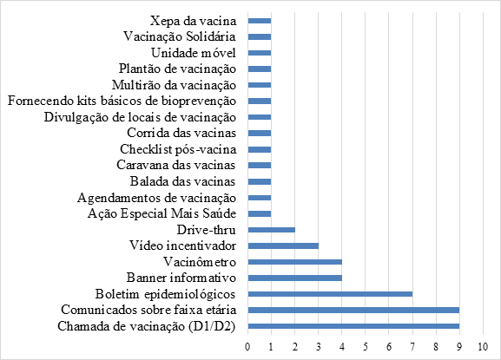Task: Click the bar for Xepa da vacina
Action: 260,21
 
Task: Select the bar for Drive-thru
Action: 271,230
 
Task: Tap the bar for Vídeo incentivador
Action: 283,245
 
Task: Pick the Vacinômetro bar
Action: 295,262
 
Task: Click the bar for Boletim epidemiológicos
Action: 330,294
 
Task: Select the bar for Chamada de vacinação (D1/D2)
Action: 353,326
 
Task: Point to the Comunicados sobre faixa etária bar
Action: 353,311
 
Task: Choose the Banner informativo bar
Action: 295,278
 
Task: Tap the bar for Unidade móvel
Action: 260,53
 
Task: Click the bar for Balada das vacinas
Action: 260,181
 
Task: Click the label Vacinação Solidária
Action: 180,36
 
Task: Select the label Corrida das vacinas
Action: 181,133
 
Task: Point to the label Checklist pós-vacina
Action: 178,149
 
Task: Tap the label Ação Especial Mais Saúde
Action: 162,213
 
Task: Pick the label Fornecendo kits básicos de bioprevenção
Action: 122,101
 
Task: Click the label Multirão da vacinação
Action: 175,85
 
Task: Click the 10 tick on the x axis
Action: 483,347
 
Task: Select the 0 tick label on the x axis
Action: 247,347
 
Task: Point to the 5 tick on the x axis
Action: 366,347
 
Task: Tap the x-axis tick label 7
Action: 412,347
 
